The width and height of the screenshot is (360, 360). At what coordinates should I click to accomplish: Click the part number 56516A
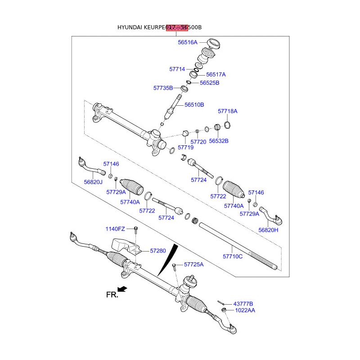click(x=188, y=42)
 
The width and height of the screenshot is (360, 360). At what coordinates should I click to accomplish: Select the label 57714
click(x=177, y=69)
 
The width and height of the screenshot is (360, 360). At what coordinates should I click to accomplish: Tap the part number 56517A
click(x=216, y=75)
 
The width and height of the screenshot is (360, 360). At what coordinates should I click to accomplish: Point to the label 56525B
click(x=210, y=83)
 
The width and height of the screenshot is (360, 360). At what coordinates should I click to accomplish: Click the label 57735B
click(x=163, y=88)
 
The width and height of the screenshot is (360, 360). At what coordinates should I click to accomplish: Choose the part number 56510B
click(x=194, y=105)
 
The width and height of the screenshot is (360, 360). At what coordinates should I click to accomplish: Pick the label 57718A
click(x=228, y=111)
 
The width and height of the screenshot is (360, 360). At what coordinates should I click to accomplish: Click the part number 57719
click(x=185, y=147)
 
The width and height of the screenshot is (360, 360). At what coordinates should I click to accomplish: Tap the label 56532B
click(x=219, y=141)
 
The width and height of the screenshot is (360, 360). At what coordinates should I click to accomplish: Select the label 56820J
click(x=93, y=182)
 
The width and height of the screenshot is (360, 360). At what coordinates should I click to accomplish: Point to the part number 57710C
click(x=233, y=256)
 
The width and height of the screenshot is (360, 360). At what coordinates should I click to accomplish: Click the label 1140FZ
click(x=116, y=229)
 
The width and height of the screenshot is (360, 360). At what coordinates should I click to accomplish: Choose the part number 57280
click(x=158, y=250)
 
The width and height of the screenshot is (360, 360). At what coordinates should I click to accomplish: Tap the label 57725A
click(x=193, y=265)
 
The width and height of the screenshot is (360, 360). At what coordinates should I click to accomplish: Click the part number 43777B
click(x=243, y=304)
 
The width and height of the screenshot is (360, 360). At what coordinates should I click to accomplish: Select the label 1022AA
click(x=244, y=310)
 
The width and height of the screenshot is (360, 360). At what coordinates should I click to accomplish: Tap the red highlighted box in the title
click(x=177, y=27)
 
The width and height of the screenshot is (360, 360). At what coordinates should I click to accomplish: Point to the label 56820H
click(x=268, y=230)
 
